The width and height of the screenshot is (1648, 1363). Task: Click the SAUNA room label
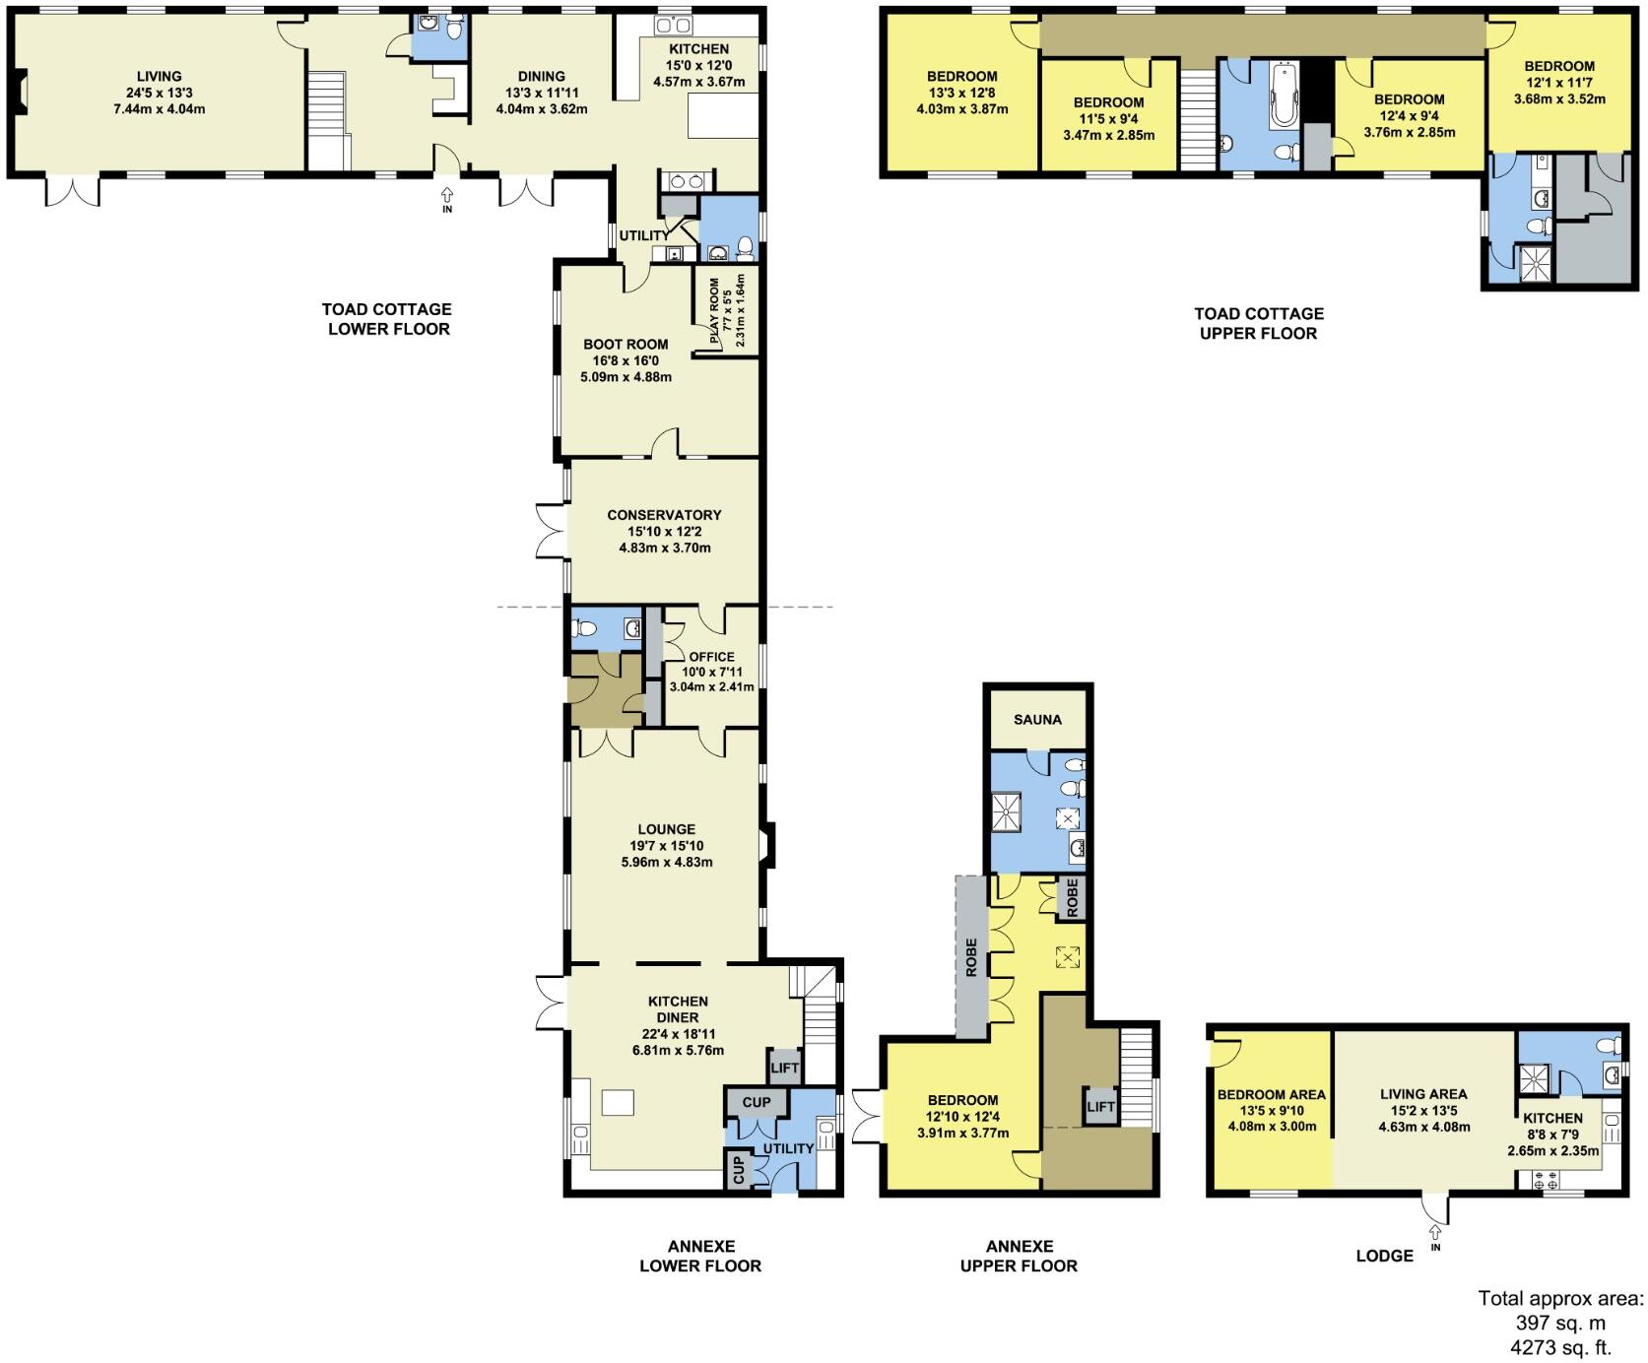click(x=1037, y=720)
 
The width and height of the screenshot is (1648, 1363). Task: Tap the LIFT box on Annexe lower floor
click(x=785, y=1068)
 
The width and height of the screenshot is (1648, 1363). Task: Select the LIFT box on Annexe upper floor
click(x=1100, y=1107)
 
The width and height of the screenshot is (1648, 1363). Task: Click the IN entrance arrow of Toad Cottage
click(x=447, y=200)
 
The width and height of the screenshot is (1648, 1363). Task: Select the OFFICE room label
click(x=711, y=657)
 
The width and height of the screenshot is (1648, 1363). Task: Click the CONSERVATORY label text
click(x=664, y=515)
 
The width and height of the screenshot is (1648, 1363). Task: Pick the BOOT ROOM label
click(x=626, y=345)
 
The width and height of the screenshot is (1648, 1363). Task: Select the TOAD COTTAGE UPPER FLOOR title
click(x=1258, y=323)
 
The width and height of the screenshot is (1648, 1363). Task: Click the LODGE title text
click(x=1384, y=1256)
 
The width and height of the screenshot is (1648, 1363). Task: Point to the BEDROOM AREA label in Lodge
click(x=1271, y=1094)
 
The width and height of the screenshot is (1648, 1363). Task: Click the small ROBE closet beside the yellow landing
click(x=1072, y=898)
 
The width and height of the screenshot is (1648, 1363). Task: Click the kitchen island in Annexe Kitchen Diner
click(x=618, y=1102)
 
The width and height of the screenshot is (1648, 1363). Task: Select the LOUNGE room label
click(x=666, y=830)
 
